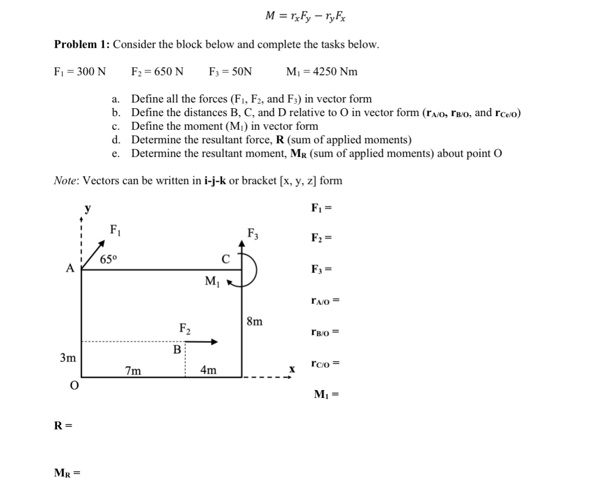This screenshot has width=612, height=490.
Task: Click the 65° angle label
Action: pos(109,259)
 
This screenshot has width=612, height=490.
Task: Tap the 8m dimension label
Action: pos(254,321)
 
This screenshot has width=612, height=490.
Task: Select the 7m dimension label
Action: pos(133,371)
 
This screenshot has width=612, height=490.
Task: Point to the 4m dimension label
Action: pos(208,371)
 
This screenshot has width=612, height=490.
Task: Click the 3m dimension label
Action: pos(67,358)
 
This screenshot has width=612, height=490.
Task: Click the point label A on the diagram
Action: pos(70,268)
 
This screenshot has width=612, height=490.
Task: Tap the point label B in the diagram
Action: pos(177,349)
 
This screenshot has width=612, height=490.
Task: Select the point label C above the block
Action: pos(225,259)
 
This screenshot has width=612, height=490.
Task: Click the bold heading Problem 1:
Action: pos(82,44)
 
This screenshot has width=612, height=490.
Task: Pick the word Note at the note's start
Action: pos(66,181)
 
